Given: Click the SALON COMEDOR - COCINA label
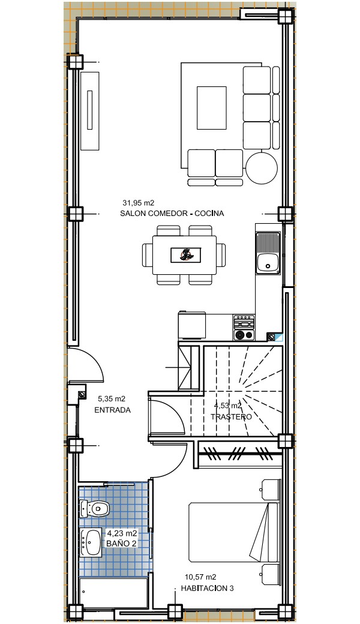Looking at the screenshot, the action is pos(172,214).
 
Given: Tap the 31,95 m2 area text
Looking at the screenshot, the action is pos(138,203).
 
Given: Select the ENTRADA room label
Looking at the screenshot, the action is pos(113,410).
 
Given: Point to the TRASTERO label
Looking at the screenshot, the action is pos(231,417).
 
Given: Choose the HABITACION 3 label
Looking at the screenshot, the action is pos(207,588).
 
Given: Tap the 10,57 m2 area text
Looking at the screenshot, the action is pos(200,577).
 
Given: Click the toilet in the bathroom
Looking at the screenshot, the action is pos(95,509).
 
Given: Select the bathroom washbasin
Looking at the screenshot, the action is pos(92,542).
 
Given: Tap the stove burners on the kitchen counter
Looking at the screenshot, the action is pos(244,328).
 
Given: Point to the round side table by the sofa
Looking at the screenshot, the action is pos(262,168).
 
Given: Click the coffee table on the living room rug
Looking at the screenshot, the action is pos(212,108).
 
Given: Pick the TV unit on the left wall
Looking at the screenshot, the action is pos(90,110).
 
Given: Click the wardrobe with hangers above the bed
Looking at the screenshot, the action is pos(239,454).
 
